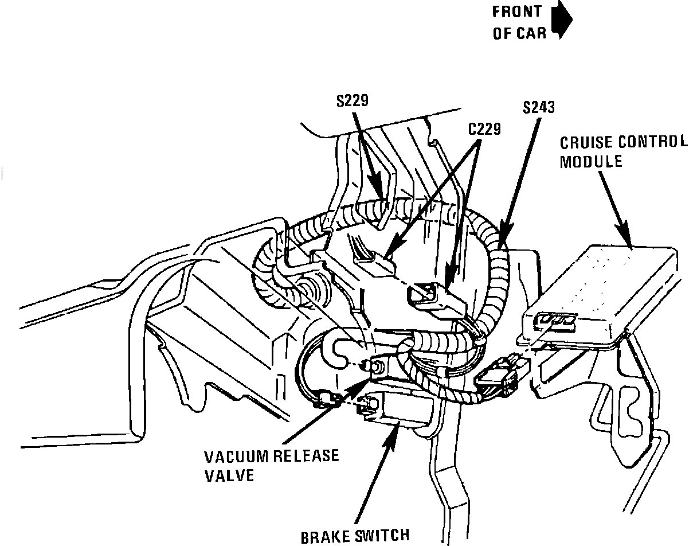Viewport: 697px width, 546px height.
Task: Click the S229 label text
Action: [353, 101]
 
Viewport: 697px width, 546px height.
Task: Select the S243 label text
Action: [539, 107]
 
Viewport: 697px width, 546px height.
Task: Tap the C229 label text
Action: [484, 129]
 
